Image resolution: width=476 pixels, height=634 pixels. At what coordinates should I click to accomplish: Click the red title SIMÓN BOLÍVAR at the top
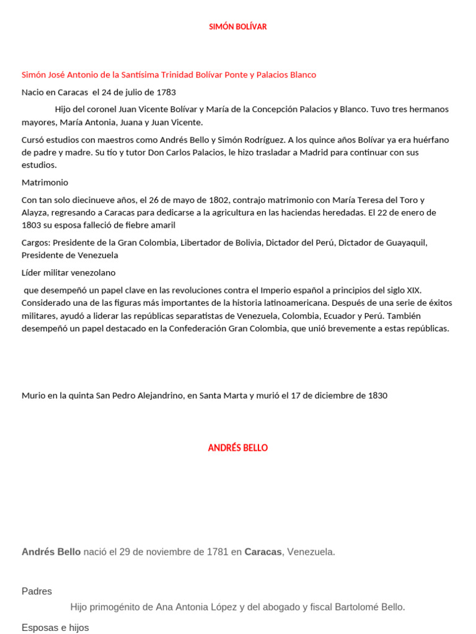pos(238,27)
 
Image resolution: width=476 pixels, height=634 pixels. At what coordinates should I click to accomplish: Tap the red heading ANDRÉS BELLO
pos(238,448)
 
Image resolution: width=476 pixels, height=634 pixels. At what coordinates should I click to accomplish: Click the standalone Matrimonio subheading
pos(45,183)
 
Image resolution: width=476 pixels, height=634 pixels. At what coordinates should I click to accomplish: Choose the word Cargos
pos(35,243)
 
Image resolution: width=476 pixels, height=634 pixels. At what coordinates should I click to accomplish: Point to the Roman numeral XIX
pos(414,290)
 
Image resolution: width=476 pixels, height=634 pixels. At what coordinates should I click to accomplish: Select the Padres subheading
pos(37,591)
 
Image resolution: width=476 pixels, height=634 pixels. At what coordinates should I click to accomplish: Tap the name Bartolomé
pos(357,607)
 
